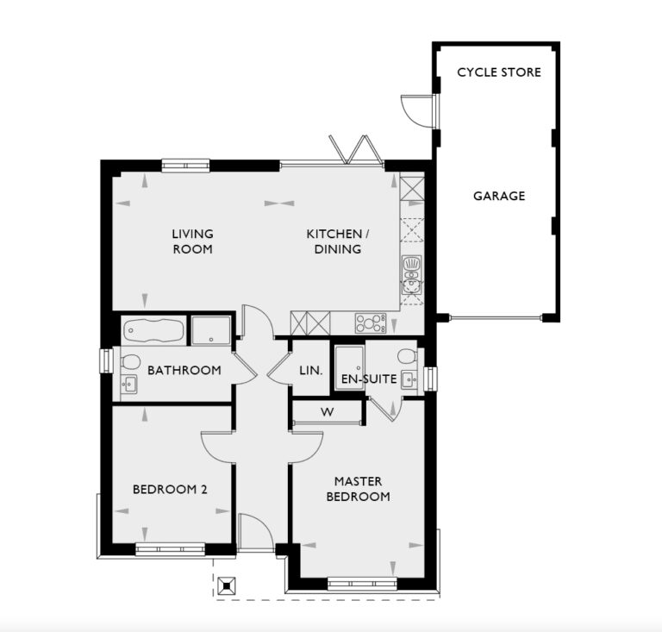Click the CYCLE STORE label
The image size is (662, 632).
tap(499, 72)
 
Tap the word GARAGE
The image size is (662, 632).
tap(499, 197)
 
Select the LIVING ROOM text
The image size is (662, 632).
tap(192, 241)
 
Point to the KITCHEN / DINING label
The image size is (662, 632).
tap(338, 241)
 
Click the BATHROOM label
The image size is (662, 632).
tap(184, 371)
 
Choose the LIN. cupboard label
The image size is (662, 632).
tap(311, 371)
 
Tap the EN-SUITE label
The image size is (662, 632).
tap(369, 379)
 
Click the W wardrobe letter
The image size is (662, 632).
tap(327, 412)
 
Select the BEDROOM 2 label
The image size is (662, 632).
tap(170, 491)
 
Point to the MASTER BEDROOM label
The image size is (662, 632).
tap(363, 489)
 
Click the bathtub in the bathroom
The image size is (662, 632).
tap(153, 329)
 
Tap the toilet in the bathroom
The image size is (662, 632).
tap(130, 360)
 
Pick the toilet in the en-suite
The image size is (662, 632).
tap(407, 355)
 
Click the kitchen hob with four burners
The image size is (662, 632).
tap(369, 323)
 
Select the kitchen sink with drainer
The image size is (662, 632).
tap(412, 272)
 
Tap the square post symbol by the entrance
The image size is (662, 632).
tap(227, 586)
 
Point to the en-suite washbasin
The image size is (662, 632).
tap(409, 379)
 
